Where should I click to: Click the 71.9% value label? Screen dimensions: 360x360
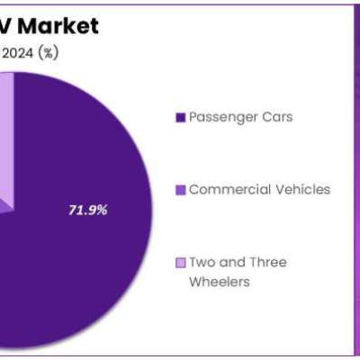87,210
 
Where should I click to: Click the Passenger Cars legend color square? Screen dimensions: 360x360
180,118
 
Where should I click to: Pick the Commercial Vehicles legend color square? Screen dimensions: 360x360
180,190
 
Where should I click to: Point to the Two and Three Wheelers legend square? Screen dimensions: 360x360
180,263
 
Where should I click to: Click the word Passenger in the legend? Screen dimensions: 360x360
223,118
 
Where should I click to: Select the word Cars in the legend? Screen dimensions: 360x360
277,117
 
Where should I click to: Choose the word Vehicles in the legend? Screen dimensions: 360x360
303,189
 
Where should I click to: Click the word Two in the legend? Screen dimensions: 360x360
202,262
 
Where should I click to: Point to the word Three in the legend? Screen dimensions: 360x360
268,262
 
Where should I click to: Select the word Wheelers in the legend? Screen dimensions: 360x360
220,282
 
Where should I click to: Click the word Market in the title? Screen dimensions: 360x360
58,26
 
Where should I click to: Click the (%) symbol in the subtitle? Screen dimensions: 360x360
48,53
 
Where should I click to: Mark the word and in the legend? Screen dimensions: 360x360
232,262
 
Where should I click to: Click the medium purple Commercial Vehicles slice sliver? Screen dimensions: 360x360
6,206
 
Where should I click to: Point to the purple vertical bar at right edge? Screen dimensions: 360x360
357,180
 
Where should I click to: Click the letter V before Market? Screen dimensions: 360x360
5,26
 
